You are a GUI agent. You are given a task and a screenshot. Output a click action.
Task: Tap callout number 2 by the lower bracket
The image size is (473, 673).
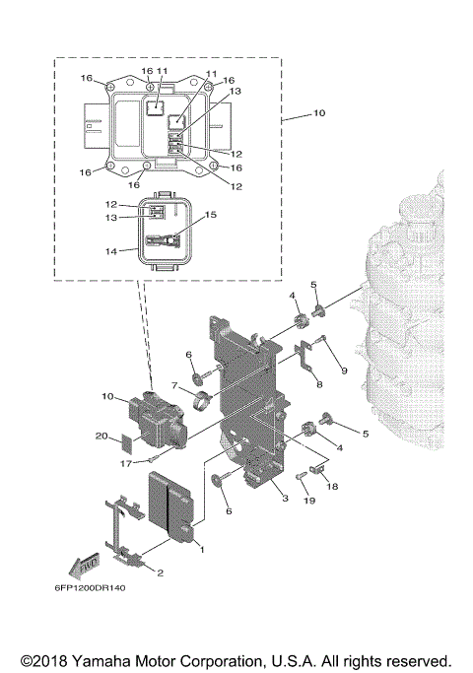[161, 571]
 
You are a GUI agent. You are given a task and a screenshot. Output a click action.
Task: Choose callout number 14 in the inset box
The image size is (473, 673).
[111, 250]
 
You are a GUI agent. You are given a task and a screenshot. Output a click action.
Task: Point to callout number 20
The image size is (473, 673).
[101, 437]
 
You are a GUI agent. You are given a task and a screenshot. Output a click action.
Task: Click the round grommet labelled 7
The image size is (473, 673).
[204, 401]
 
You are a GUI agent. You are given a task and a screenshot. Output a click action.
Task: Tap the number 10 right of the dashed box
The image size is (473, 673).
[318, 114]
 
